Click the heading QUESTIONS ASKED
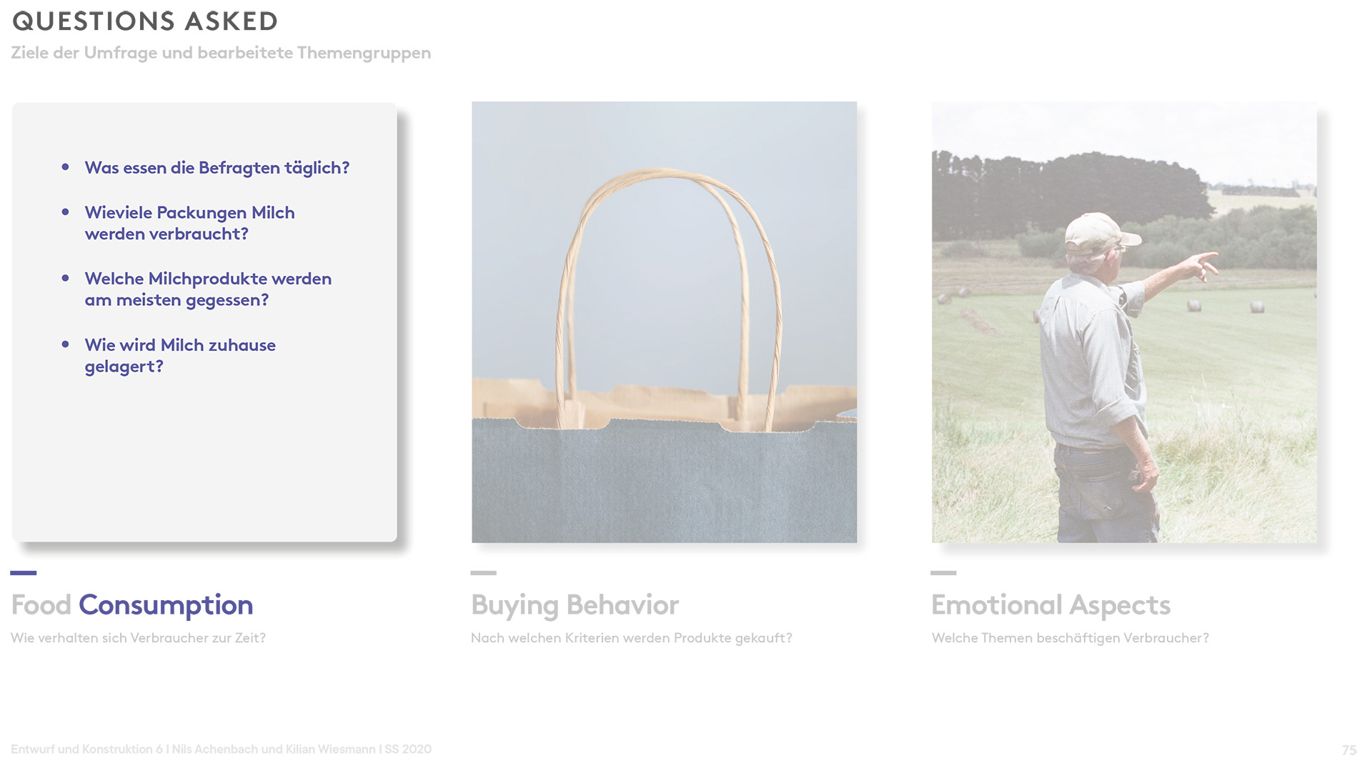(x=145, y=21)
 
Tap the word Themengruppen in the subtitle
(x=364, y=53)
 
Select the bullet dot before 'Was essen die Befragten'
(x=66, y=166)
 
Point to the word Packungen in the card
(x=202, y=213)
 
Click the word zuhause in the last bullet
(x=242, y=345)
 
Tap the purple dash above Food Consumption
(x=24, y=572)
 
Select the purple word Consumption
(x=166, y=605)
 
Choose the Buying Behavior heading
(x=575, y=605)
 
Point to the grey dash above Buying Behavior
(x=483, y=572)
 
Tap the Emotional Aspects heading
(x=1050, y=605)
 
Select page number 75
(x=1348, y=750)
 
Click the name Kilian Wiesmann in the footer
(x=330, y=749)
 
